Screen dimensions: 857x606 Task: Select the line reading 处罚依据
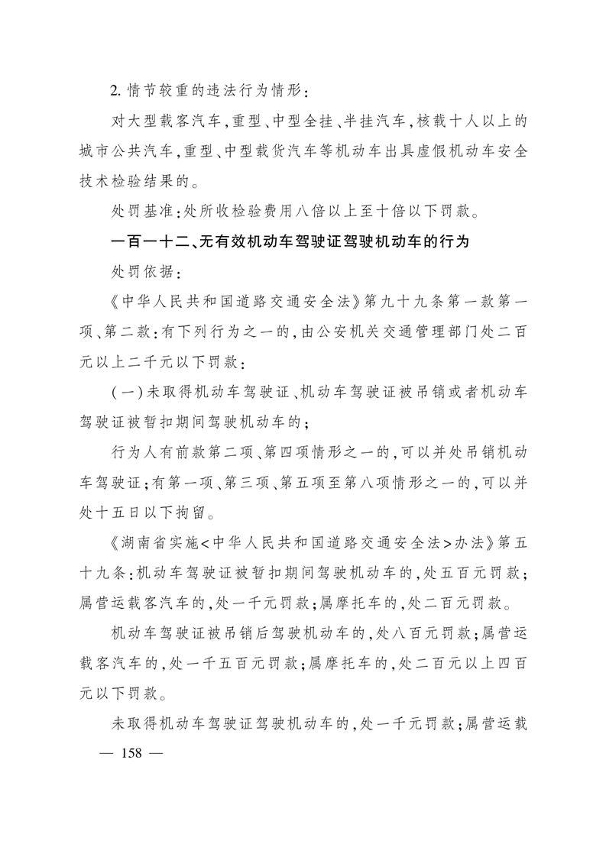[x=144, y=271]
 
